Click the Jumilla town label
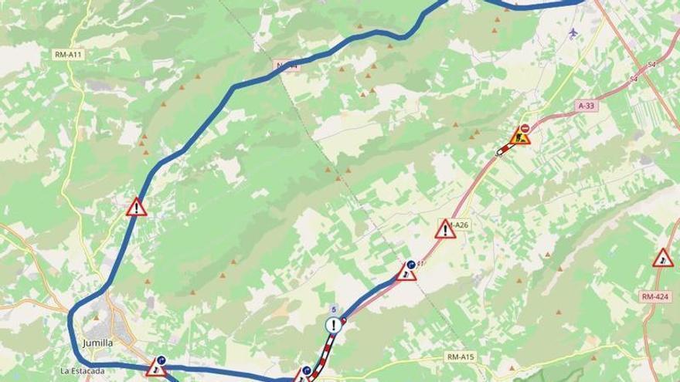[98, 343]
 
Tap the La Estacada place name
[82, 370]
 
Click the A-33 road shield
[588, 104]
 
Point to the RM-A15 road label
[461, 357]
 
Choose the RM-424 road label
[654, 296]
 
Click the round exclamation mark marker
[334, 325]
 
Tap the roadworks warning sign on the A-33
[522, 139]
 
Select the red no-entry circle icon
[525, 128]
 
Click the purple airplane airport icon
[573, 32]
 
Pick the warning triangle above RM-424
[662, 259]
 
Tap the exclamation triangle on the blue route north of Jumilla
[137, 207]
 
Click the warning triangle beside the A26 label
[445, 228]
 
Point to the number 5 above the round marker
[333, 310]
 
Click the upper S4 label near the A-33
[651, 65]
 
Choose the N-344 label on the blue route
[287, 66]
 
